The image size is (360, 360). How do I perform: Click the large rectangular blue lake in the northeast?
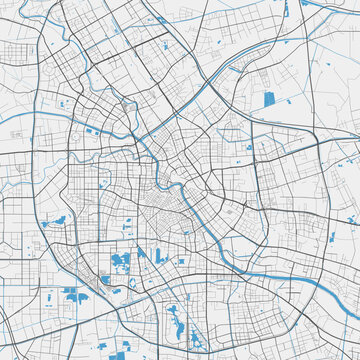tap(269, 99)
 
